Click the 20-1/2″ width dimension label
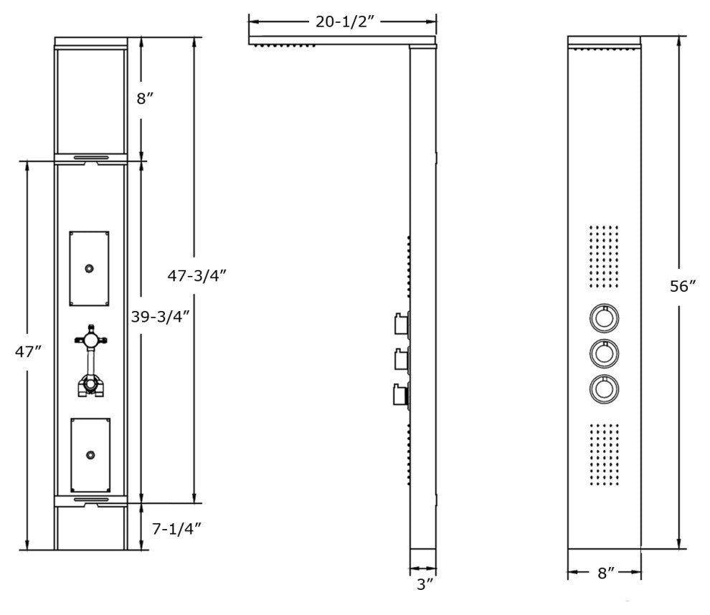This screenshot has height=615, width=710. coord(342,22)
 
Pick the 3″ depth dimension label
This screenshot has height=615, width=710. coord(425,584)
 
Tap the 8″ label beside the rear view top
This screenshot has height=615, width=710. coord(146,98)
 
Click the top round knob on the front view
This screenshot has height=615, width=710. coord(605,317)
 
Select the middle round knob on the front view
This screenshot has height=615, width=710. coord(605,352)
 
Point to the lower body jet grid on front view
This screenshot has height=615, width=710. coord(604,453)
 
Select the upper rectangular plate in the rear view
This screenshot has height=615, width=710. coord(89,268)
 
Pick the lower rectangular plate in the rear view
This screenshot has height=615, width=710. coord(89,454)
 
